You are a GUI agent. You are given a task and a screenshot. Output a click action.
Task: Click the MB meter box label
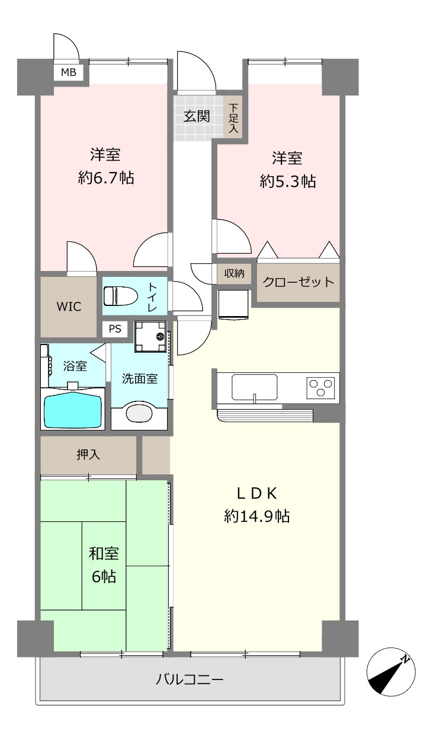pos(69,72)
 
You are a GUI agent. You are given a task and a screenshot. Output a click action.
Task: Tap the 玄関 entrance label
pos(197,116)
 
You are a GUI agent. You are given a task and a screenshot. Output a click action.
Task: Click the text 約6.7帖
pos(106,178)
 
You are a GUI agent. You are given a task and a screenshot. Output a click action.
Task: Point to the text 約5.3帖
pos(288,181)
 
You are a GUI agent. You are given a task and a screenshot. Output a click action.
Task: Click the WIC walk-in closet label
pos(69,307)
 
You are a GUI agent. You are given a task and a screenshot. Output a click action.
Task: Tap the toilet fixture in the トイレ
pos(121,296)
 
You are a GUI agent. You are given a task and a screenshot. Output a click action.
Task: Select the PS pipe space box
pos(115,329)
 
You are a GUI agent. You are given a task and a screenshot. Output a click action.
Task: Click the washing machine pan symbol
pos(150,337)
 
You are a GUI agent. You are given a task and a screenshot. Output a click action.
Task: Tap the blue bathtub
pos(73,409)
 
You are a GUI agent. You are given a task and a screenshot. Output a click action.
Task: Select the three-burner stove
pos(320,388)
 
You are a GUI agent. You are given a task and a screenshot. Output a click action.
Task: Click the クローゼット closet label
pos(298,282)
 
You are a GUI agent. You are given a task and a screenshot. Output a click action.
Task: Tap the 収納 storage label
pos(234,273)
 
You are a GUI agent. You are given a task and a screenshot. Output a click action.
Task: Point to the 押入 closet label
pos(88,455)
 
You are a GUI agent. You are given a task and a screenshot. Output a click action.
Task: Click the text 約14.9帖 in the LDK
pos(257,516)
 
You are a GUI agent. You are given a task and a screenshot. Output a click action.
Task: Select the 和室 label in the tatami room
pos(104,553)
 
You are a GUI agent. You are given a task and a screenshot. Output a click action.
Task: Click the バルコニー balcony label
pos(190,680)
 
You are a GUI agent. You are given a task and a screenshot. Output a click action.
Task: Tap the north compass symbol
pos(391,672)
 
